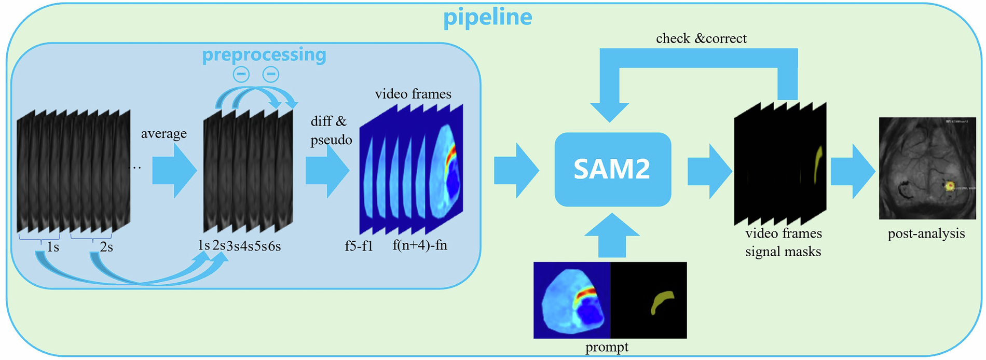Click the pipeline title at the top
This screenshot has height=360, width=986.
tap(487, 17)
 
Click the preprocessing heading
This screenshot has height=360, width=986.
tap(264, 54)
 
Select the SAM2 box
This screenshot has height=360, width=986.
tap(612, 169)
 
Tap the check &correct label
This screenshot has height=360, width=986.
tap(701, 38)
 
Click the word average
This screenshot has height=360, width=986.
tap(163, 133)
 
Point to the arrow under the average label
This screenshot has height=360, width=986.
tap(174, 171)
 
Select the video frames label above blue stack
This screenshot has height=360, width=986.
tap(413, 94)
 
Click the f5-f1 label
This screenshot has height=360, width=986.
tap(359, 245)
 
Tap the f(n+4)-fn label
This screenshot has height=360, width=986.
tap(419, 245)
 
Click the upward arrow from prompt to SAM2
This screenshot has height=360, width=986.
tap(612, 236)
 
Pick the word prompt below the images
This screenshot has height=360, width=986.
tap(606, 347)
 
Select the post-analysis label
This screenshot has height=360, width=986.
tap(926, 233)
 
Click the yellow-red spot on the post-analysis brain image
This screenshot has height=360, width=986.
tap(950, 185)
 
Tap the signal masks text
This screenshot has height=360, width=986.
tap(783, 252)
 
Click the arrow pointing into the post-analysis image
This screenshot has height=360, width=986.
tap(852, 171)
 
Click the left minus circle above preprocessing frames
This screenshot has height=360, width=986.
tap(241, 74)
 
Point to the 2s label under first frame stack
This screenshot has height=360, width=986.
tap(106, 247)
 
